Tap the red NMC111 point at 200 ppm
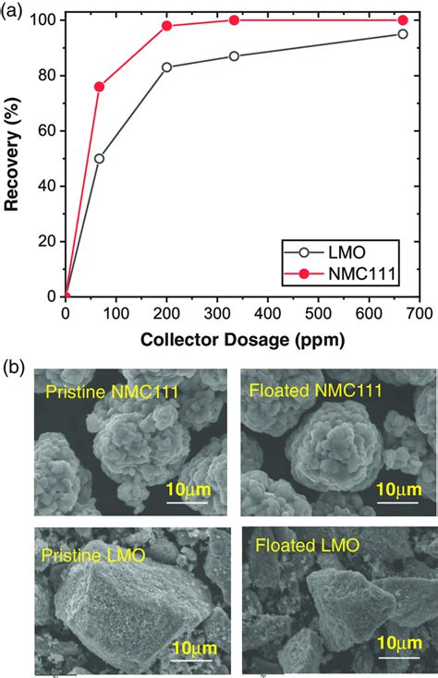pos(167,26)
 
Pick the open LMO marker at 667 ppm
pos(402,34)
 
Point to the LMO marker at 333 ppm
pos(234,56)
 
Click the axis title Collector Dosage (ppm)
pos(242,339)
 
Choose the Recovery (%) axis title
pos(13,157)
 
